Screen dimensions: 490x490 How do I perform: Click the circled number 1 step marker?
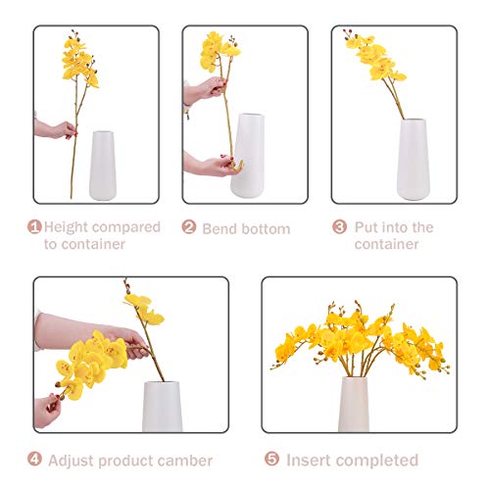34,227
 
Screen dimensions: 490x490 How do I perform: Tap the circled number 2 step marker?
189,227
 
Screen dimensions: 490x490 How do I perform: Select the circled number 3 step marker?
339,226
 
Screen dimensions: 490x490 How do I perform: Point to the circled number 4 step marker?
34,460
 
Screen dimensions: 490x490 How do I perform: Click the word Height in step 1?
68,227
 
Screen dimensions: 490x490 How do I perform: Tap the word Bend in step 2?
220,228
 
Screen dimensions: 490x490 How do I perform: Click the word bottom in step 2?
266,228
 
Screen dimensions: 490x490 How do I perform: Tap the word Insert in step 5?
311,460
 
